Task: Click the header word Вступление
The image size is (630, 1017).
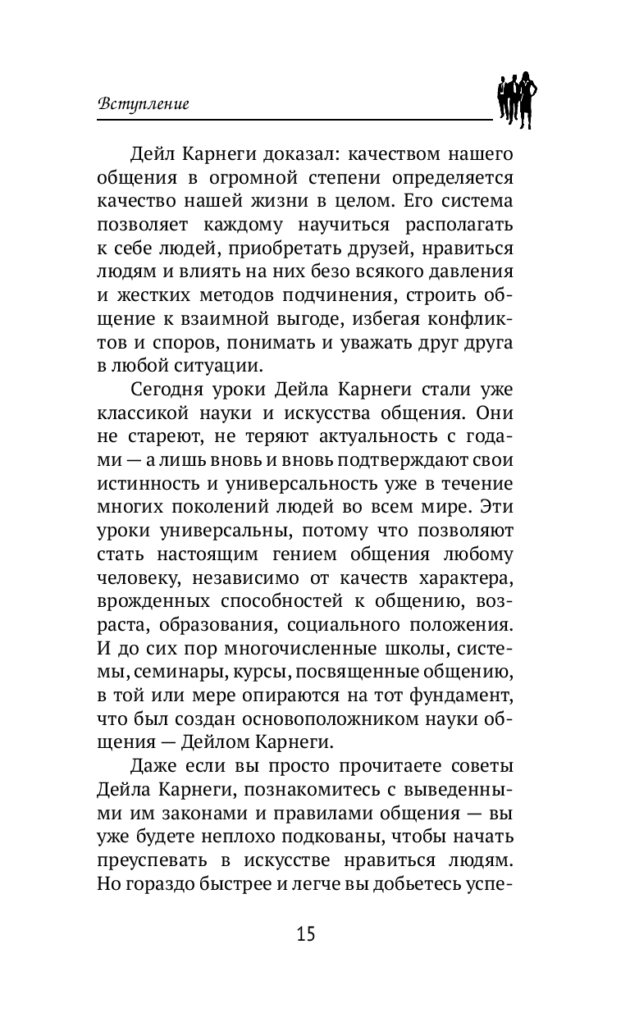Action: tap(144, 104)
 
